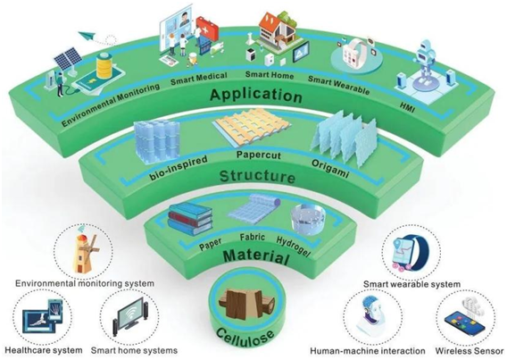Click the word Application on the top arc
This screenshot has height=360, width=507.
[x=256, y=95]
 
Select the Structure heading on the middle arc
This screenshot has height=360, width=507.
[x=257, y=176]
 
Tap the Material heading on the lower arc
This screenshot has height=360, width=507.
[x=256, y=256]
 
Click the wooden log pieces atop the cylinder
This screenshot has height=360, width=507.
[x=246, y=304]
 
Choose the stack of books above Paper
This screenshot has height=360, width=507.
[x=190, y=218]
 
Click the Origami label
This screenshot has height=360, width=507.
[x=330, y=168]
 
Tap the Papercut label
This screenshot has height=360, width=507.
[x=258, y=155]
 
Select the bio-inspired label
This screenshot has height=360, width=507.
[x=179, y=168]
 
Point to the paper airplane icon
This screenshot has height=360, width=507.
[x=89, y=38]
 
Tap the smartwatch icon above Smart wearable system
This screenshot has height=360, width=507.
[x=411, y=255]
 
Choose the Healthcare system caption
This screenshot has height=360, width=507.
[x=44, y=350]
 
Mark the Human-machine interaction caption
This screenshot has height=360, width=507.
[x=368, y=350]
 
